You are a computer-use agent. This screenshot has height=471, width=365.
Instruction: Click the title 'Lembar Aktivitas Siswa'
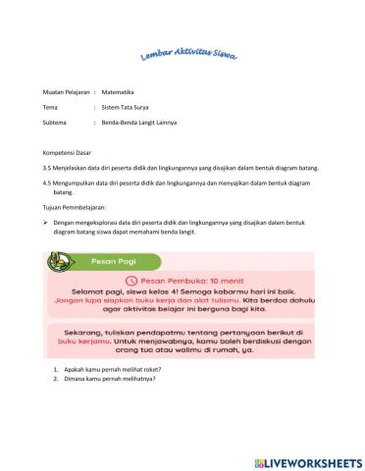183,57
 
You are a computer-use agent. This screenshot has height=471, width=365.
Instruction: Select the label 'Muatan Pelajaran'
66,90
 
